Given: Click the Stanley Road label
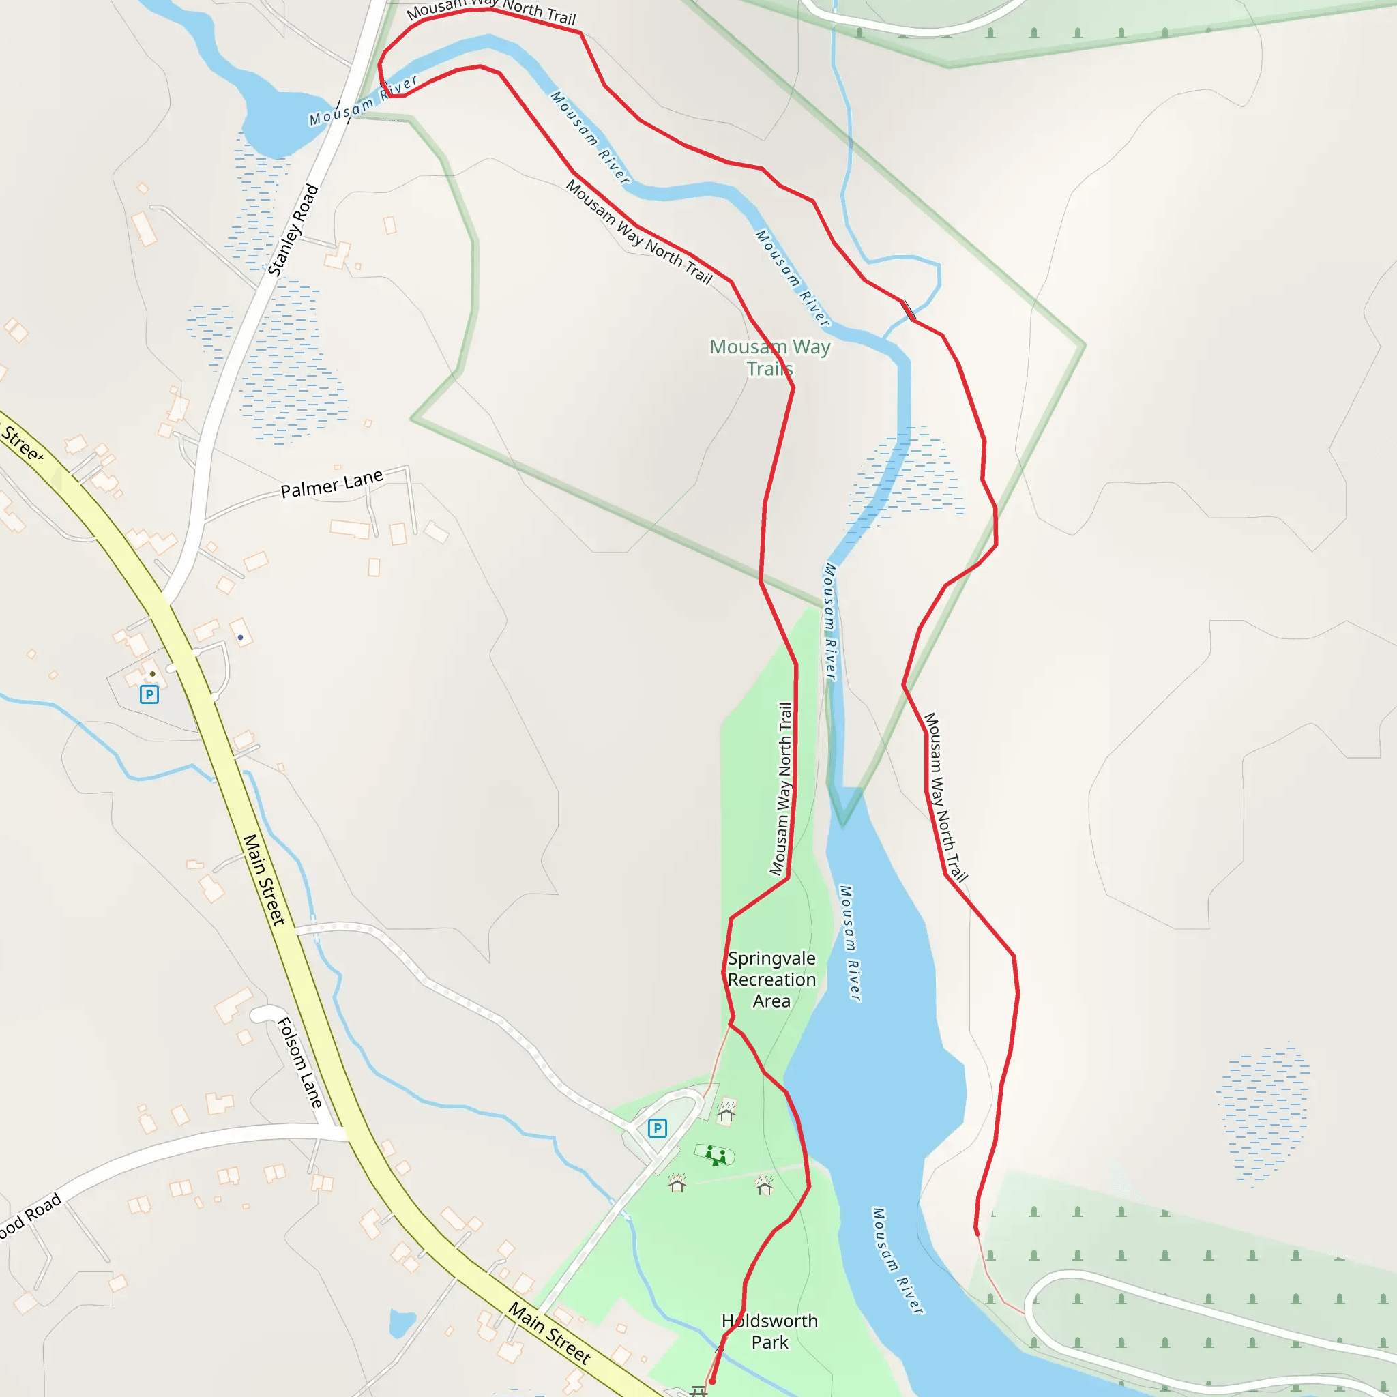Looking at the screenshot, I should point(293,230).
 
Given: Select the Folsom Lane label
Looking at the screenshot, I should point(300,1062).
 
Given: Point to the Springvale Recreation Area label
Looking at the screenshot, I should point(771,979).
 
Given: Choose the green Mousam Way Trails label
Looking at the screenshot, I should point(769,357).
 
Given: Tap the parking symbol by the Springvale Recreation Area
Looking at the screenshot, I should point(657,1128).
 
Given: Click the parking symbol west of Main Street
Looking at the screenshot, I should point(149,695).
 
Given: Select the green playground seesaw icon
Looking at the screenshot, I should point(715,1155).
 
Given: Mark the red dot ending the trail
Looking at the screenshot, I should point(711,1381).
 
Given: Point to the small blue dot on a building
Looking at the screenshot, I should point(240,637).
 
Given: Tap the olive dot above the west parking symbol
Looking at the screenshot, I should point(152,673).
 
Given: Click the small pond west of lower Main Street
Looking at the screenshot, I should point(402,1323).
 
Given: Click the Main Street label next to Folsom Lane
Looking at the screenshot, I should point(264,879).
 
